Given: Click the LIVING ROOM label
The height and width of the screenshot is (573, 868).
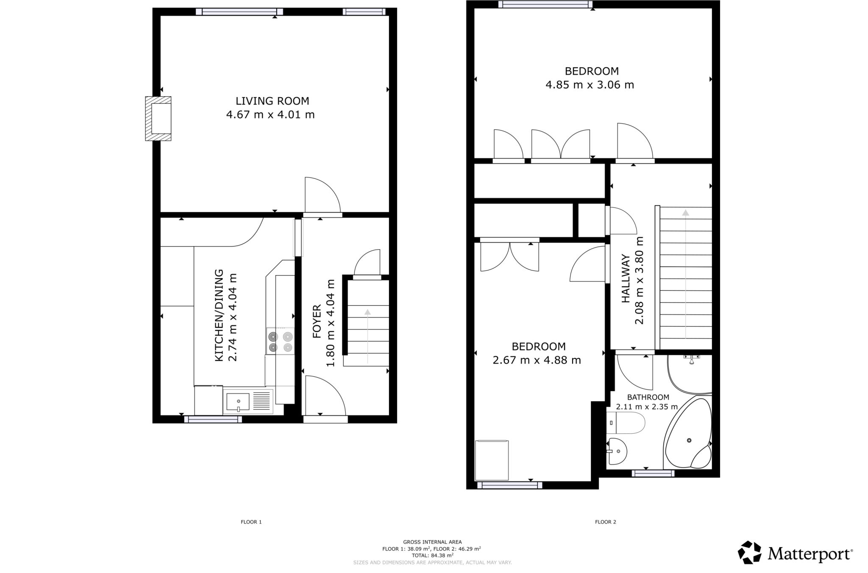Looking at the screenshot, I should coord(272,101).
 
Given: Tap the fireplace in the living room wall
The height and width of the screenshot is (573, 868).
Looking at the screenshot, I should coord(159,118).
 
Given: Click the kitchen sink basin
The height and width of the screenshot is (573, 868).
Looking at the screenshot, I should coord(238,401).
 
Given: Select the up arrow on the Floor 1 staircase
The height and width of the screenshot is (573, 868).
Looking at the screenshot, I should coord(367,312).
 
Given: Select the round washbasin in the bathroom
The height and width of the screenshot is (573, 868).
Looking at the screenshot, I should coord(617,451).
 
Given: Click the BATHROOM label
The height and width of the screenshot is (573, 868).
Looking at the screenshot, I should coord(648,397).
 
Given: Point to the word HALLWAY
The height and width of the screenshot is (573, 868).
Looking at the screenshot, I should coord(626,278).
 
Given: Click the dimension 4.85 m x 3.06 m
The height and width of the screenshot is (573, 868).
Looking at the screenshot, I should coord(590,85).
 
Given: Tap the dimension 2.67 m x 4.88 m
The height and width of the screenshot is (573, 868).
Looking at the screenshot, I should coord(537,360).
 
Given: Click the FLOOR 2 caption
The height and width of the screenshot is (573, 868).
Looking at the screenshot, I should coord(605,522).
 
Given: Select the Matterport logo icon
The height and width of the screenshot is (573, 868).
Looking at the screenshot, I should coord(750,552).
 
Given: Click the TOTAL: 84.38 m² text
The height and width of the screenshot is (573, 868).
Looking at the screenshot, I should coord(432,555).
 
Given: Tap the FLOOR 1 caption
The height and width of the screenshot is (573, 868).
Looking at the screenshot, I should coord(251,522).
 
